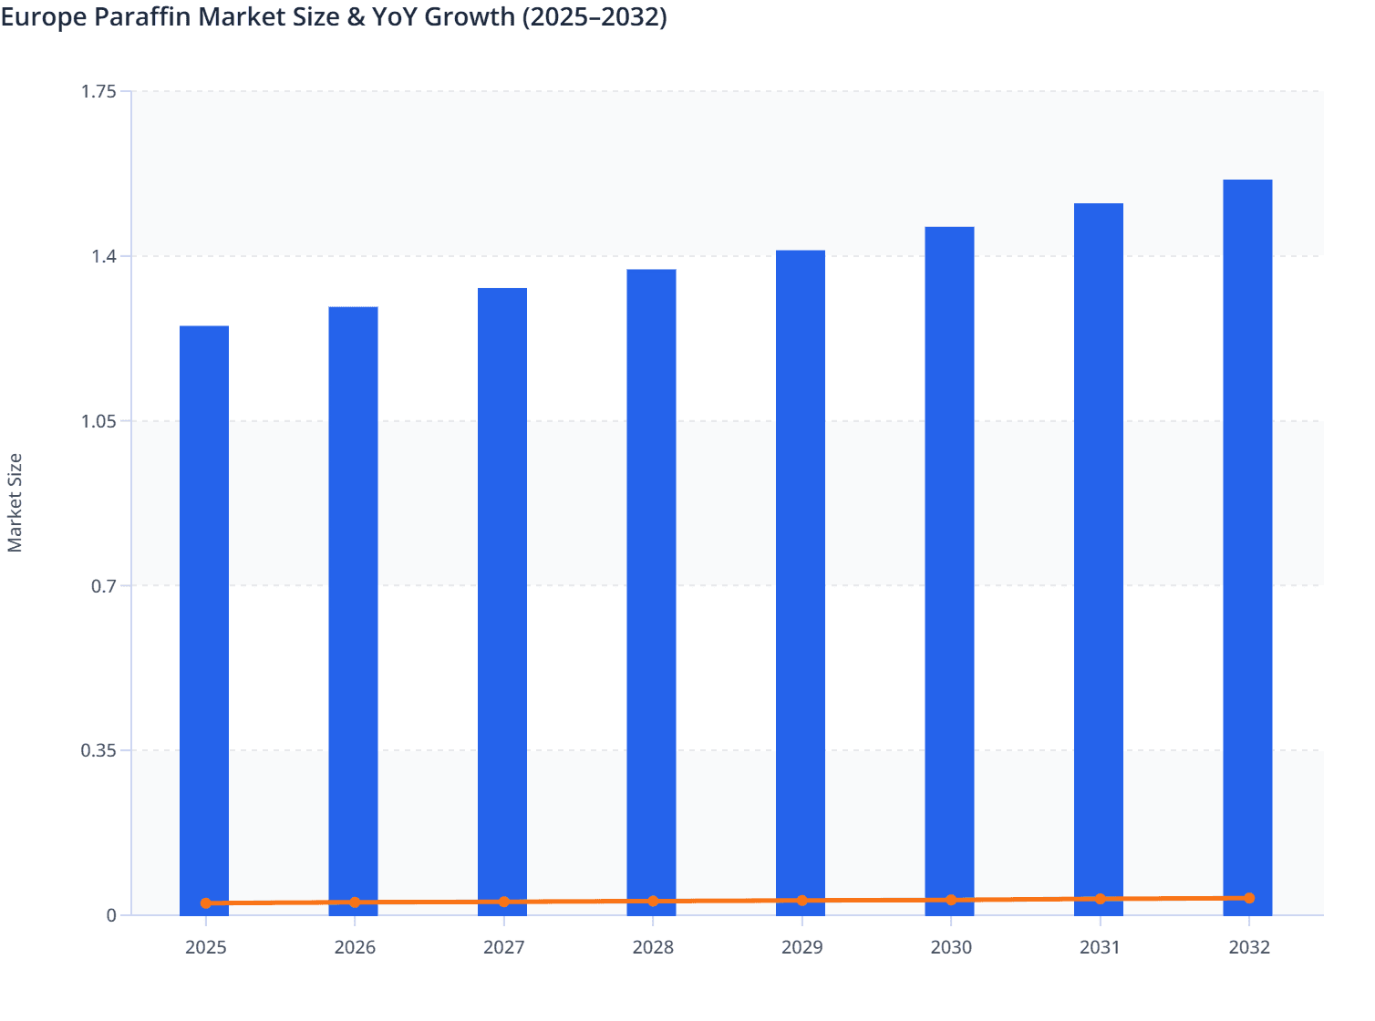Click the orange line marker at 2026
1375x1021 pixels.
(x=355, y=902)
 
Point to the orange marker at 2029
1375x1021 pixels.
(x=802, y=901)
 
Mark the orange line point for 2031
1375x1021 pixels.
(x=1100, y=899)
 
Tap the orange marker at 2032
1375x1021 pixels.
(x=1249, y=898)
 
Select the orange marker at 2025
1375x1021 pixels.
(x=206, y=903)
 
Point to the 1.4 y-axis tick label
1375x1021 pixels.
(x=104, y=256)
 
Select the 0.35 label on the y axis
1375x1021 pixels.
(x=98, y=750)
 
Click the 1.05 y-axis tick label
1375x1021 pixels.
(x=98, y=421)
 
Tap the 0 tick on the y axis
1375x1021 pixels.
(x=111, y=915)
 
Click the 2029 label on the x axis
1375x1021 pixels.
(x=802, y=947)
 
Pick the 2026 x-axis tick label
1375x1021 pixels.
(x=355, y=947)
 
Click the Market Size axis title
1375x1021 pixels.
(x=15, y=502)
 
